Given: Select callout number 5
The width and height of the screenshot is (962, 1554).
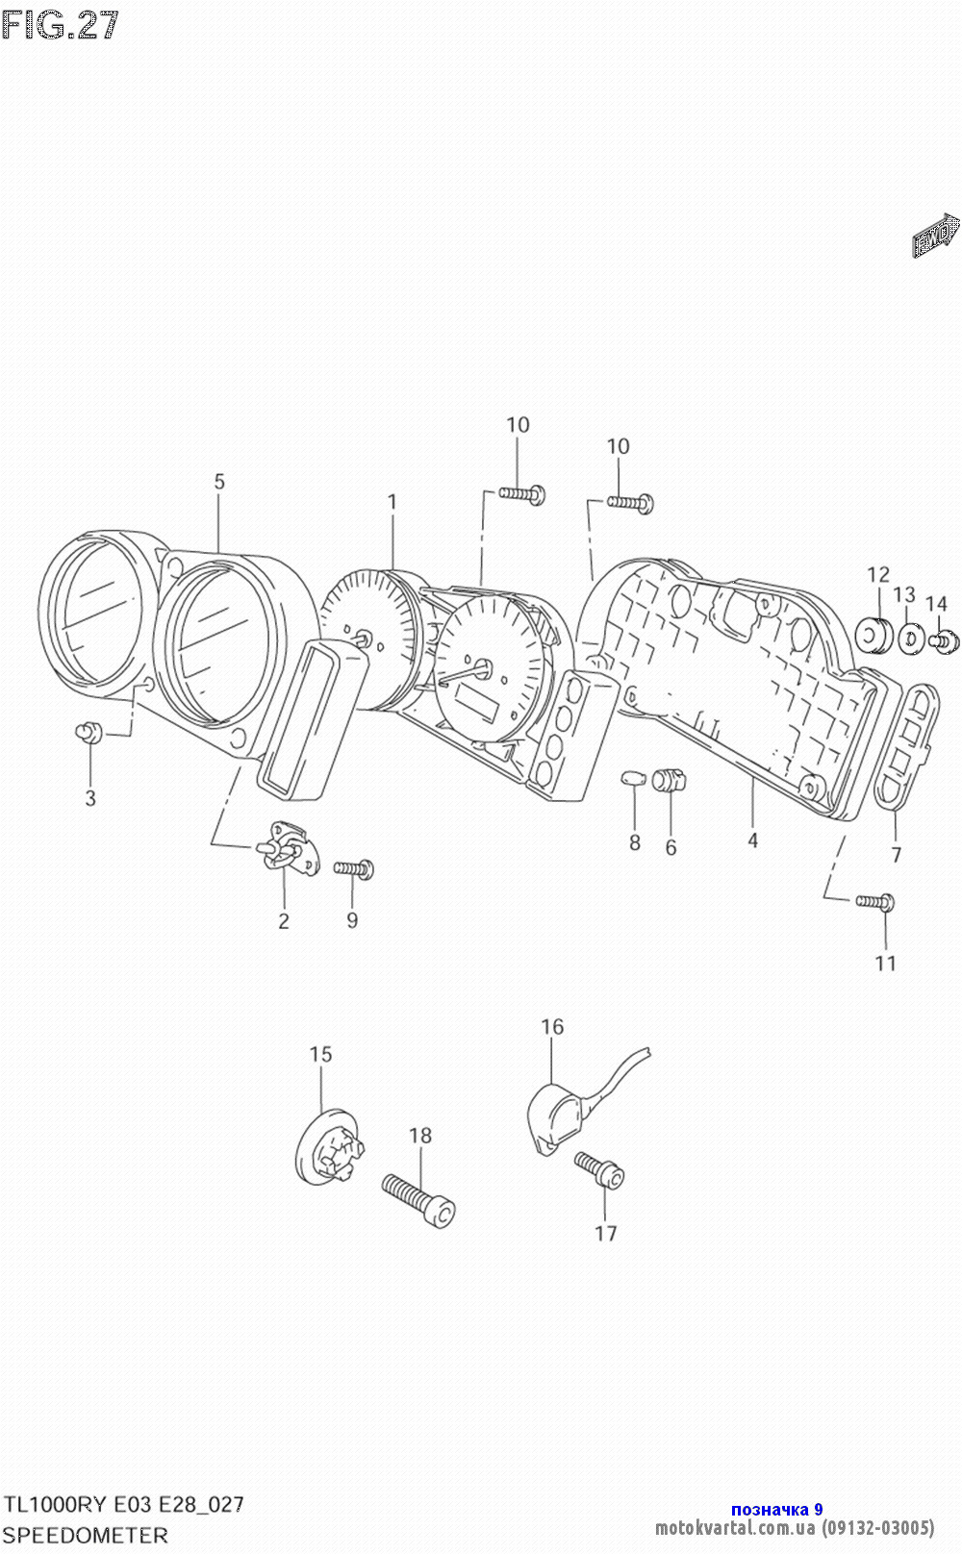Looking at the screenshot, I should [x=219, y=481].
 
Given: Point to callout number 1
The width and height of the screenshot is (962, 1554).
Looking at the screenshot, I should [x=392, y=502].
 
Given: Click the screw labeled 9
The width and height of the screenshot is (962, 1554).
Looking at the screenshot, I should [x=354, y=869].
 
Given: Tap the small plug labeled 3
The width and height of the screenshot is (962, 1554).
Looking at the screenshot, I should [x=89, y=733].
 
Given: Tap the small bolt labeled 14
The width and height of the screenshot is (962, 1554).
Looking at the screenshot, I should [x=942, y=639].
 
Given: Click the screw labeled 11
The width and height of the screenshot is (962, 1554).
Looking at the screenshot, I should [x=876, y=901].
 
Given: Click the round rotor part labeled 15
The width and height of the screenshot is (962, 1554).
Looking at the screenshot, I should [x=327, y=1150].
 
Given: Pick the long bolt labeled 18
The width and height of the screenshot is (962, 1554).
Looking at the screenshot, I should [x=419, y=1199].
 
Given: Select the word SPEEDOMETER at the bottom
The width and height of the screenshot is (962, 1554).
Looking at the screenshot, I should [x=87, y=1536].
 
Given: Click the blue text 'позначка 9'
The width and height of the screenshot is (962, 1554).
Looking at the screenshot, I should [x=776, y=1510].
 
